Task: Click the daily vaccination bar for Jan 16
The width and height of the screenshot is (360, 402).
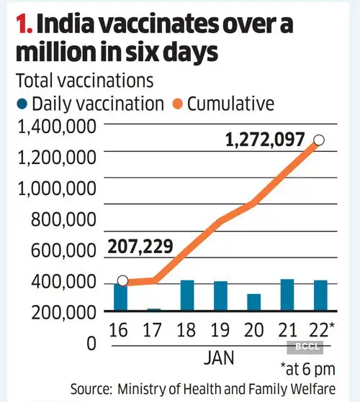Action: click(121, 297)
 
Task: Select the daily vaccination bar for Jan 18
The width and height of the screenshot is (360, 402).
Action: click(187, 296)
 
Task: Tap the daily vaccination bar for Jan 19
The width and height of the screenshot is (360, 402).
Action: click(220, 296)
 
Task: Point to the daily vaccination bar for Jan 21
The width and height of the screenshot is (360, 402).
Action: click(287, 295)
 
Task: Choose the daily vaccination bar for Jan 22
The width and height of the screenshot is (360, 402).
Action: click(320, 296)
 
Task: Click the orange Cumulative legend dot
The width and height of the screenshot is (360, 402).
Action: click(176, 105)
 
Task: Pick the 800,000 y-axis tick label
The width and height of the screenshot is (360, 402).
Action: click(63, 220)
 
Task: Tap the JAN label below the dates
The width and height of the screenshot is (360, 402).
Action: click(219, 355)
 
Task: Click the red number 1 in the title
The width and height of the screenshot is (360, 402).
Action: click(24, 24)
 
